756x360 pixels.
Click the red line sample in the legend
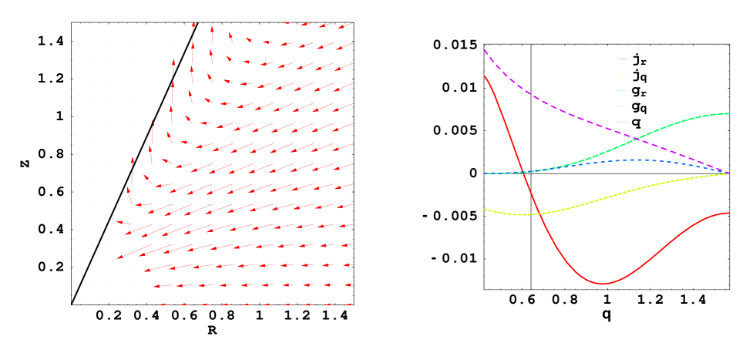622,59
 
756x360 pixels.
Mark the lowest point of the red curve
603,284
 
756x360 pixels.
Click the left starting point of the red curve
485,76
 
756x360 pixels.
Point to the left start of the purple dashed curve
485,50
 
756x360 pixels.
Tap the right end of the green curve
729,113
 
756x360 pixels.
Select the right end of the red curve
729,213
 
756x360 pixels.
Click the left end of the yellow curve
485,209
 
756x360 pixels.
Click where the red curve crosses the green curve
523,172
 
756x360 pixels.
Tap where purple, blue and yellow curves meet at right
729,173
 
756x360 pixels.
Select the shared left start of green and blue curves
485,173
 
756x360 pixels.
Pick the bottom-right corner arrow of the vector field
345,304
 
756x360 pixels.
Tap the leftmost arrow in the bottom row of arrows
164,304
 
